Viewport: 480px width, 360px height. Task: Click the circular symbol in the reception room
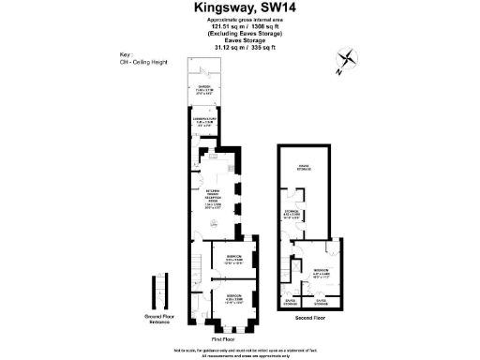click(213, 222)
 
